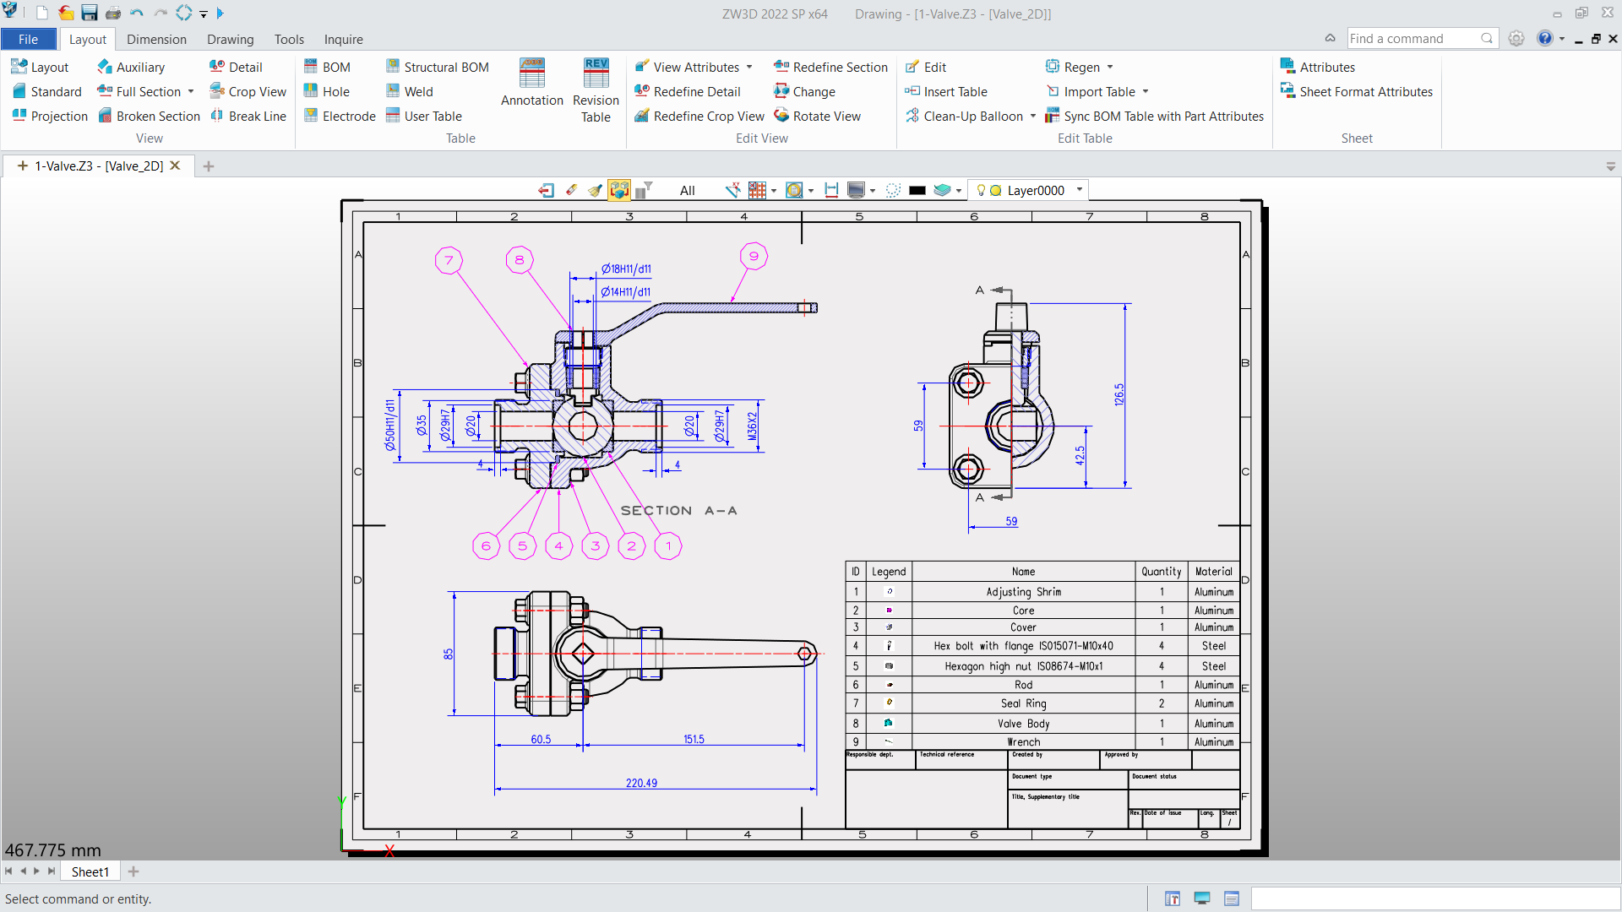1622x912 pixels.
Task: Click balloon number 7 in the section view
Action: (449, 260)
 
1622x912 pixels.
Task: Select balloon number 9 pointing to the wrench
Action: (754, 256)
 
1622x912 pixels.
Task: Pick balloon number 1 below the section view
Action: (668, 546)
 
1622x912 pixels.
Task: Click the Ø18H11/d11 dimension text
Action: (626, 269)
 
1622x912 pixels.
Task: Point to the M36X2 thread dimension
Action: (753, 426)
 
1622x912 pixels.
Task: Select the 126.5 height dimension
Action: (1119, 394)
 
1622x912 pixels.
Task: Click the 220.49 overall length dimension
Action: (641, 783)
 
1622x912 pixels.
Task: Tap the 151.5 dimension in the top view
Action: (694, 739)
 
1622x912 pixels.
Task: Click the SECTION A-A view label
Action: (679, 510)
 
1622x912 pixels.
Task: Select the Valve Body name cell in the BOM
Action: (1023, 724)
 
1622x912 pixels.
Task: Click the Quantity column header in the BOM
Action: (1161, 572)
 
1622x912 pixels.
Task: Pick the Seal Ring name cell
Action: (1023, 703)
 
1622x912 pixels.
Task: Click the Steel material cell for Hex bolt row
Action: (1213, 646)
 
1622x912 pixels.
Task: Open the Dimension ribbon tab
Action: (156, 39)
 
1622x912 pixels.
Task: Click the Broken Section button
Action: (150, 116)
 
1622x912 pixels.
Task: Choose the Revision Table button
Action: (596, 91)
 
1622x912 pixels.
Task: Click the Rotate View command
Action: (817, 116)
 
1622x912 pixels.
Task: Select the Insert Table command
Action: (946, 91)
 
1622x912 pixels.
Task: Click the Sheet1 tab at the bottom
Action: (90, 871)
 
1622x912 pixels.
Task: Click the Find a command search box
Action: (1412, 38)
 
